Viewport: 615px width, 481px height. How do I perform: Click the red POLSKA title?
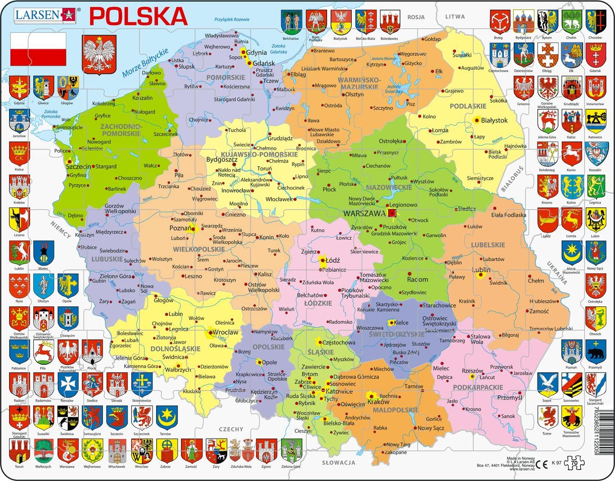[138, 16]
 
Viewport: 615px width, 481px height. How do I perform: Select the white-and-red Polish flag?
[38, 49]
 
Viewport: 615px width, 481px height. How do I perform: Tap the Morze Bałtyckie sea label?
[145, 63]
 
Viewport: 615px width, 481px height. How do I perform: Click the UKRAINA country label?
[556, 273]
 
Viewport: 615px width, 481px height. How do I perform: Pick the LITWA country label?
[455, 16]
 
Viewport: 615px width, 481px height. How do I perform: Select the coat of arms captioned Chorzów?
[595, 22]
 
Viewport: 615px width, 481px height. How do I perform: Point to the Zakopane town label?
[395, 452]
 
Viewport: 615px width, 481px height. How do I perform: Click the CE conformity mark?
[542, 463]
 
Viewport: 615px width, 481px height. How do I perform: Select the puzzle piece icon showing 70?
[573, 463]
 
